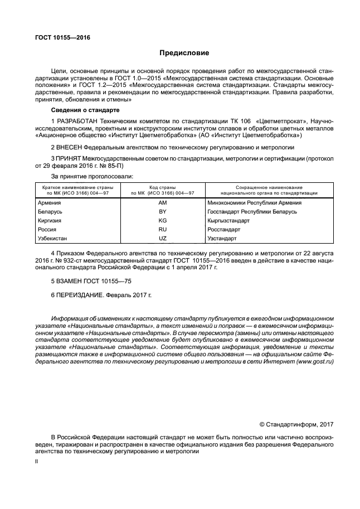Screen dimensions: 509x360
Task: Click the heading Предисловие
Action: click(x=184, y=54)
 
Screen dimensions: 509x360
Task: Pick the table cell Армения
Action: click(x=49, y=203)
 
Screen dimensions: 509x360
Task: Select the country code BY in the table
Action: click(x=163, y=212)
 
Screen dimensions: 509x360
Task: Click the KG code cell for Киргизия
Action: click(x=163, y=221)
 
